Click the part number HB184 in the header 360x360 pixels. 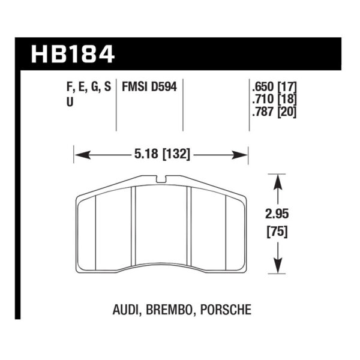73,54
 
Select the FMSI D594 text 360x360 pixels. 149,87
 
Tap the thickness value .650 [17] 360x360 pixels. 274,87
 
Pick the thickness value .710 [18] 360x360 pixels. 274,100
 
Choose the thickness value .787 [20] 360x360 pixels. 274,112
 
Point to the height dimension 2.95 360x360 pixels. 277,214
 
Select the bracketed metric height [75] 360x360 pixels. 277,232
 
